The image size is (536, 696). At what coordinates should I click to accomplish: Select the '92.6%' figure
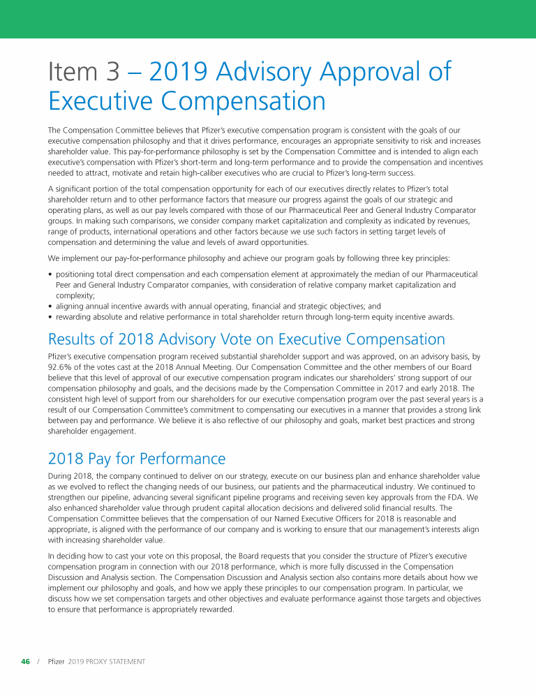[x=61, y=366]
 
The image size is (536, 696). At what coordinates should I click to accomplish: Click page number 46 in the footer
[x=25, y=661]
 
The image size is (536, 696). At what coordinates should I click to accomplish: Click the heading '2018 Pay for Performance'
[x=137, y=459]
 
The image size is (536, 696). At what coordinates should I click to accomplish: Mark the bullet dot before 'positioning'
[x=50, y=274]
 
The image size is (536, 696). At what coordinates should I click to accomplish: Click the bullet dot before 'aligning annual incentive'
[x=50, y=306]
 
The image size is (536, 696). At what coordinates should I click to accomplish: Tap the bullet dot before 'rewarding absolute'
[x=50, y=316]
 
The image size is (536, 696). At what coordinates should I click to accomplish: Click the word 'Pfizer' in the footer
[x=57, y=661]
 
